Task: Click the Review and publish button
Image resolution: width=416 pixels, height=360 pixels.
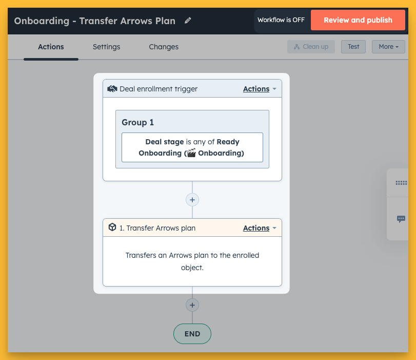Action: tap(358, 20)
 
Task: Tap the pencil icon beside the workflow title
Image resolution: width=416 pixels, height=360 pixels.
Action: tap(188, 21)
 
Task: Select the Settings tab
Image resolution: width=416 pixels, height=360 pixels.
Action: tap(106, 47)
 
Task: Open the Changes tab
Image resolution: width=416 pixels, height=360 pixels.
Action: tap(164, 47)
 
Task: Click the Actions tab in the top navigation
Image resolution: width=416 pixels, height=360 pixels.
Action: tap(51, 47)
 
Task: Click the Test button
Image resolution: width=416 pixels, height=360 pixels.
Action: tap(353, 47)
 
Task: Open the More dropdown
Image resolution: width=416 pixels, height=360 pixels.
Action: tap(388, 47)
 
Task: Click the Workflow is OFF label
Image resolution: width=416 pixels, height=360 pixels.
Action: tap(281, 20)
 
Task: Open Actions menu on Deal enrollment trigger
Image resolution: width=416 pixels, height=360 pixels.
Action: tap(260, 89)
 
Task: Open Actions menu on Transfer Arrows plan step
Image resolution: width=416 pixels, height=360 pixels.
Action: tap(260, 228)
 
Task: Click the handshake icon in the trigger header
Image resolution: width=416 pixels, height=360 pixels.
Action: tap(112, 89)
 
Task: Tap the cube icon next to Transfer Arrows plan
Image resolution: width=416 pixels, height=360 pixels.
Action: tap(112, 227)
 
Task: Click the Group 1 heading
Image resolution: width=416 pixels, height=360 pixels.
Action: tap(137, 122)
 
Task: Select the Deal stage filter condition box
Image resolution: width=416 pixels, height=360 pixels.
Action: tap(192, 147)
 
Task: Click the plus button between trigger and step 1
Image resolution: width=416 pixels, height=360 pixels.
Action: tap(192, 200)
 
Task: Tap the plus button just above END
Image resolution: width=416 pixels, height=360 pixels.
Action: tap(192, 305)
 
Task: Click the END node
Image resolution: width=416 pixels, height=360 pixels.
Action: tap(192, 334)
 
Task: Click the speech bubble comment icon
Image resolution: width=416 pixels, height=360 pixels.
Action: tap(401, 219)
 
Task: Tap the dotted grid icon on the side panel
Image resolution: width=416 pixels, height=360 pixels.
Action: tap(401, 183)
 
